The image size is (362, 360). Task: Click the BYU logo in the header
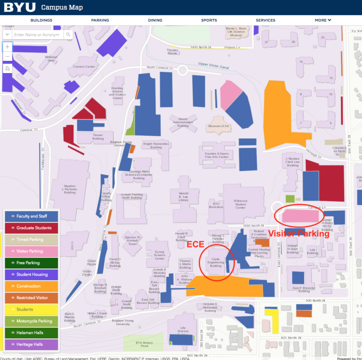(18, 8)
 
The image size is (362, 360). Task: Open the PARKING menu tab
(100, 20)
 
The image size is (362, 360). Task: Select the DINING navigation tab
(155, 20)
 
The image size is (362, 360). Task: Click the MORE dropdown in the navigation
(323, 20)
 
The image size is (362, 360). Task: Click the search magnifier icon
(68, 35)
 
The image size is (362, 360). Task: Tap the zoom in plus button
(8, 47)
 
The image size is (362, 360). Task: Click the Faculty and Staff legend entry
(31, 216)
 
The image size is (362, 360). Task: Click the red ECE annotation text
(195, 245)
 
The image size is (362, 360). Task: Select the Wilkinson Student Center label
(240, 205)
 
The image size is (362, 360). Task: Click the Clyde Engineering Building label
(215, 262)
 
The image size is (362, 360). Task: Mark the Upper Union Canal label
(213, 66)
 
